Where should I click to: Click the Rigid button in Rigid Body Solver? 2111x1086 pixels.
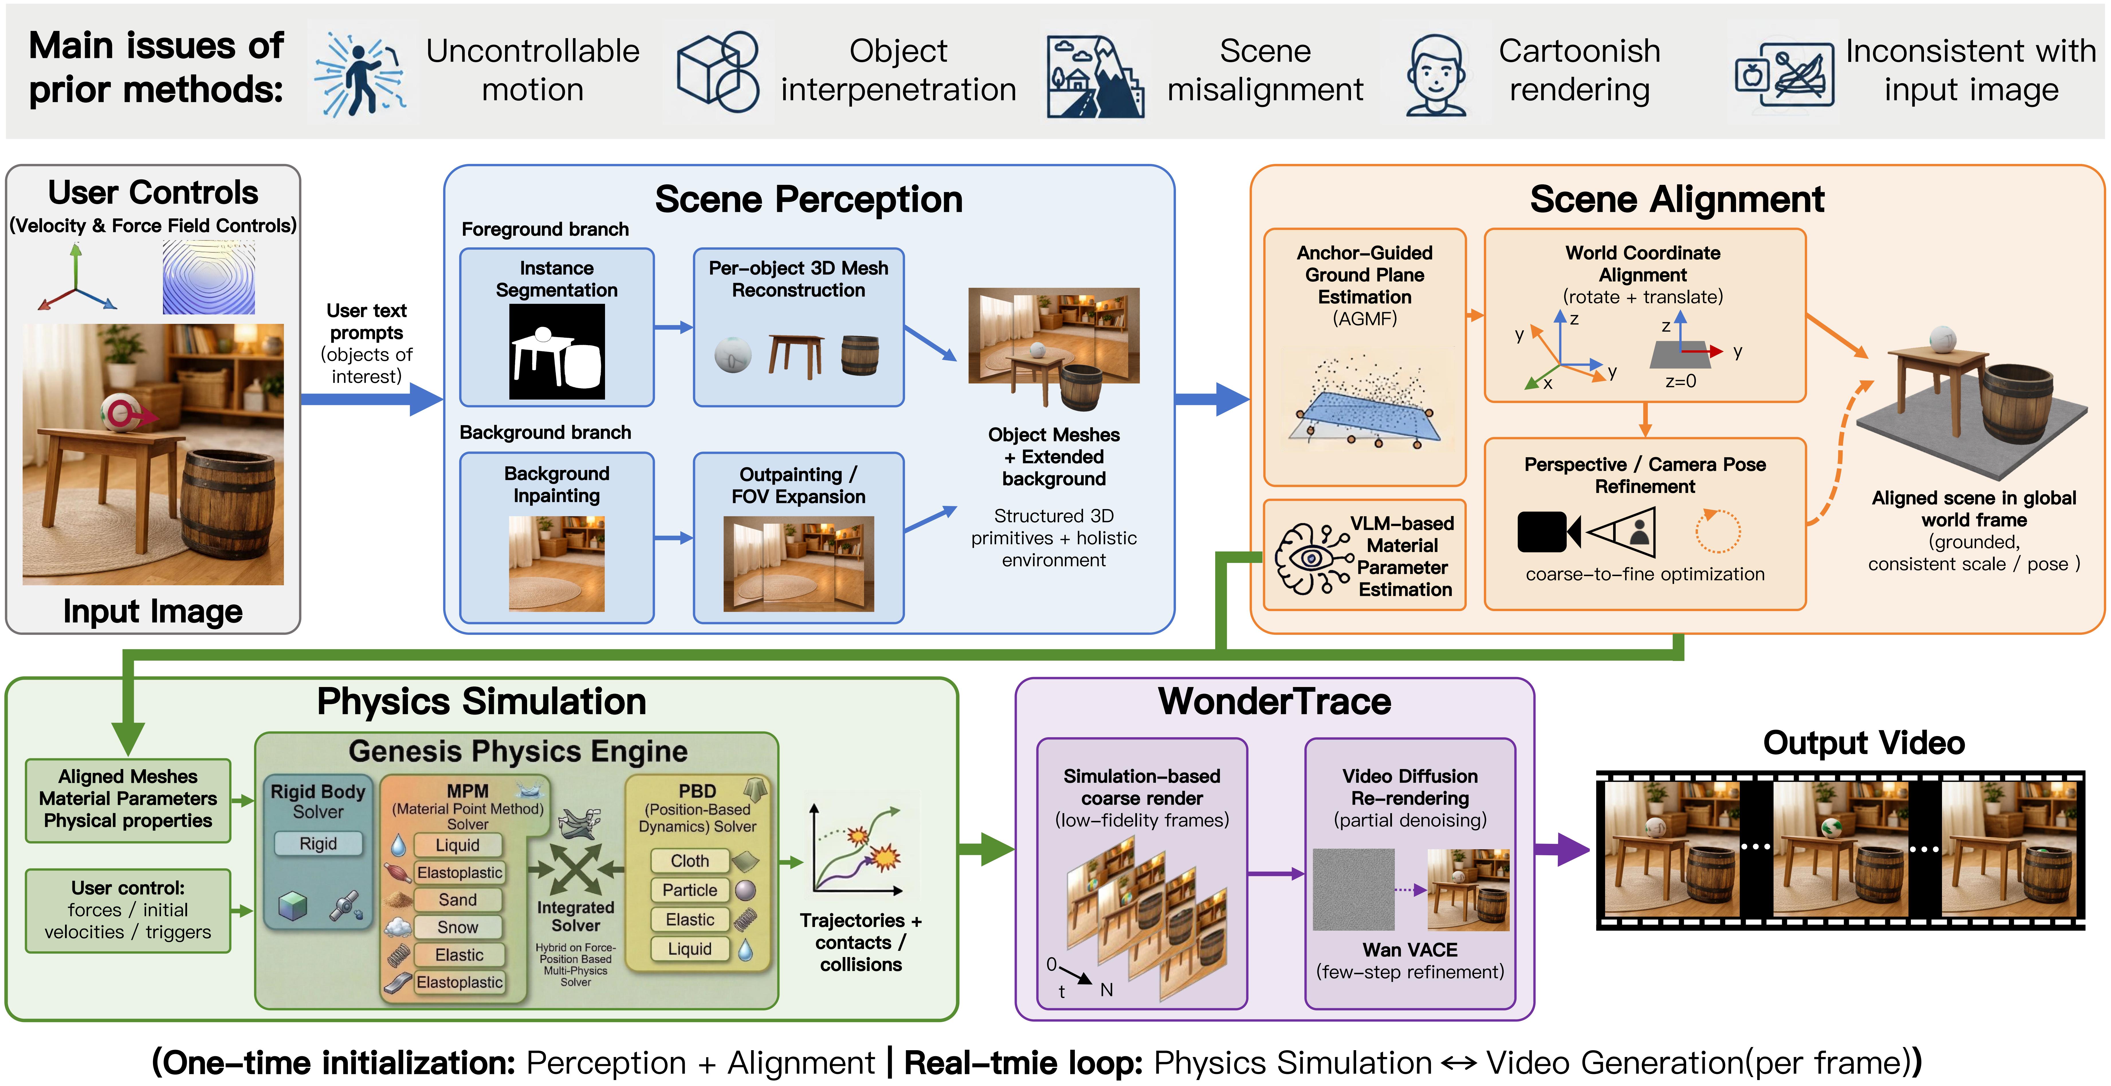click(318, 844)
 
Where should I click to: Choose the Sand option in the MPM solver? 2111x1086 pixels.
click(457, 899)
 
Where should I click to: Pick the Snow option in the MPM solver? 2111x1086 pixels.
click(457, 927)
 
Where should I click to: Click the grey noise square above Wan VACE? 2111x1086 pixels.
click(1353, 889)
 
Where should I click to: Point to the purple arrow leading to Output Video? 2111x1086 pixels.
click(1561, 850)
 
